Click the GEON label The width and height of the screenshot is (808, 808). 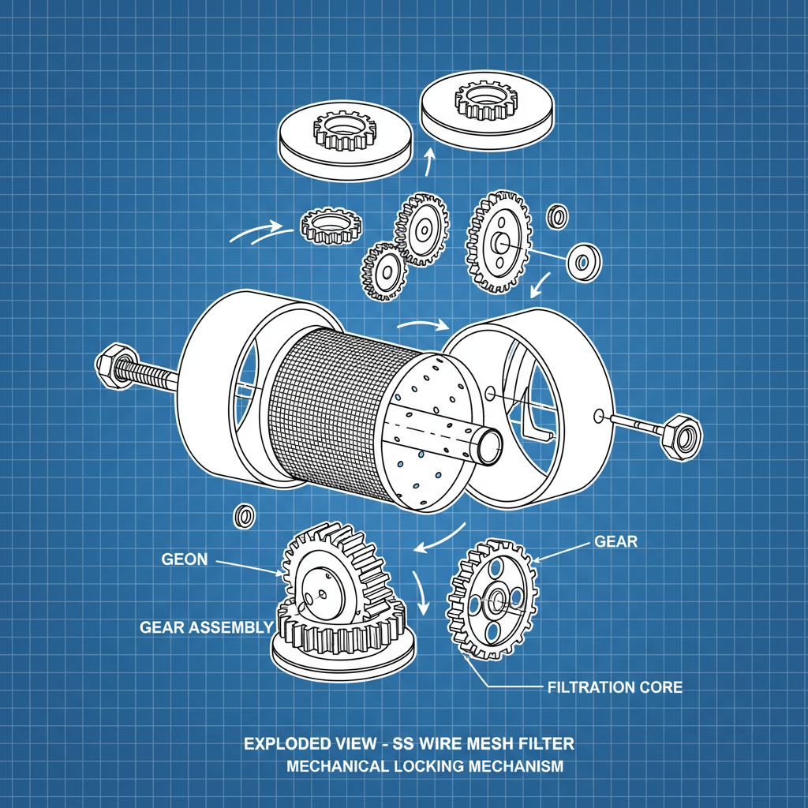click(x=185, y=559)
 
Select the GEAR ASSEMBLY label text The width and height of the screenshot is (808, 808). click(x=207, y=627)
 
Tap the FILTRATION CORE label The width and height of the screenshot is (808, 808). click(x=615, y=687)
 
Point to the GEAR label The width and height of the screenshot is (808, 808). click(x=615, y=541)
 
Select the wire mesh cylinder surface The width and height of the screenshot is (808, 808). click(x=331, y=410)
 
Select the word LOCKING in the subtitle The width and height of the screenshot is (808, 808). click(x=423, y=766)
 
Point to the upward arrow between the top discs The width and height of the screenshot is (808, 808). click(x=428, y=164)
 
